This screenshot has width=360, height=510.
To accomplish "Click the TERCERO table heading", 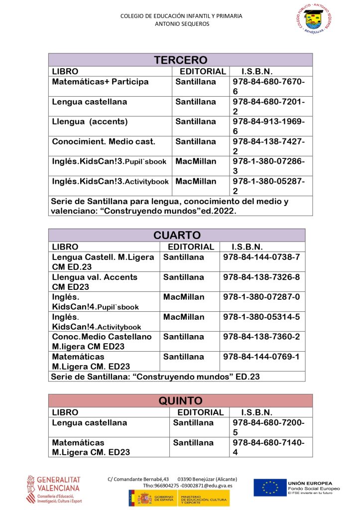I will (x=180, y=60).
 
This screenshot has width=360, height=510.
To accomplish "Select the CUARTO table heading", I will (x=177, y=235).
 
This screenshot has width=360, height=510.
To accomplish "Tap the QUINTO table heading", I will (x=180, y=400).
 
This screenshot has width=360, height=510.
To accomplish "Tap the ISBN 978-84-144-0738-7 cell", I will (x=261, y=257).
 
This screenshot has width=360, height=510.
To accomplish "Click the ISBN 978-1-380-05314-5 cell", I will (x=261, y=317).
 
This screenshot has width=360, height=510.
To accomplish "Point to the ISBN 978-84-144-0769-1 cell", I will (x=261, y=357).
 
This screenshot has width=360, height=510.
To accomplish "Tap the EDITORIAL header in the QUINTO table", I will (x=200, y=412).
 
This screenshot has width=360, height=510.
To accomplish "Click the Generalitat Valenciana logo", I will (x=53, y=489).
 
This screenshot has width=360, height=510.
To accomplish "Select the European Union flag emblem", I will (x=269, y=488).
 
